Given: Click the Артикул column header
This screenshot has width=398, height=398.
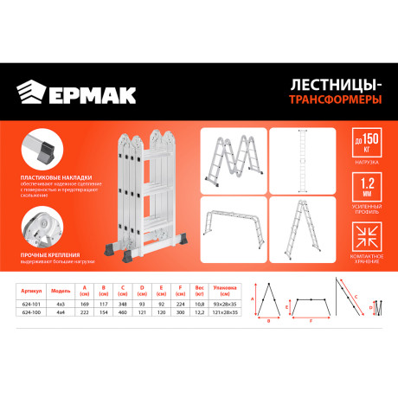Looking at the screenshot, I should [34, 292].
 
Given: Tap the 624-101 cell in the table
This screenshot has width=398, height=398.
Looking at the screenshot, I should [34, 305].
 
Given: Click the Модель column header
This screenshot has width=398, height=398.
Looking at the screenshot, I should [61, 292].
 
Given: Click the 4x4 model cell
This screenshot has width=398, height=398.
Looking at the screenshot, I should [61, 312].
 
